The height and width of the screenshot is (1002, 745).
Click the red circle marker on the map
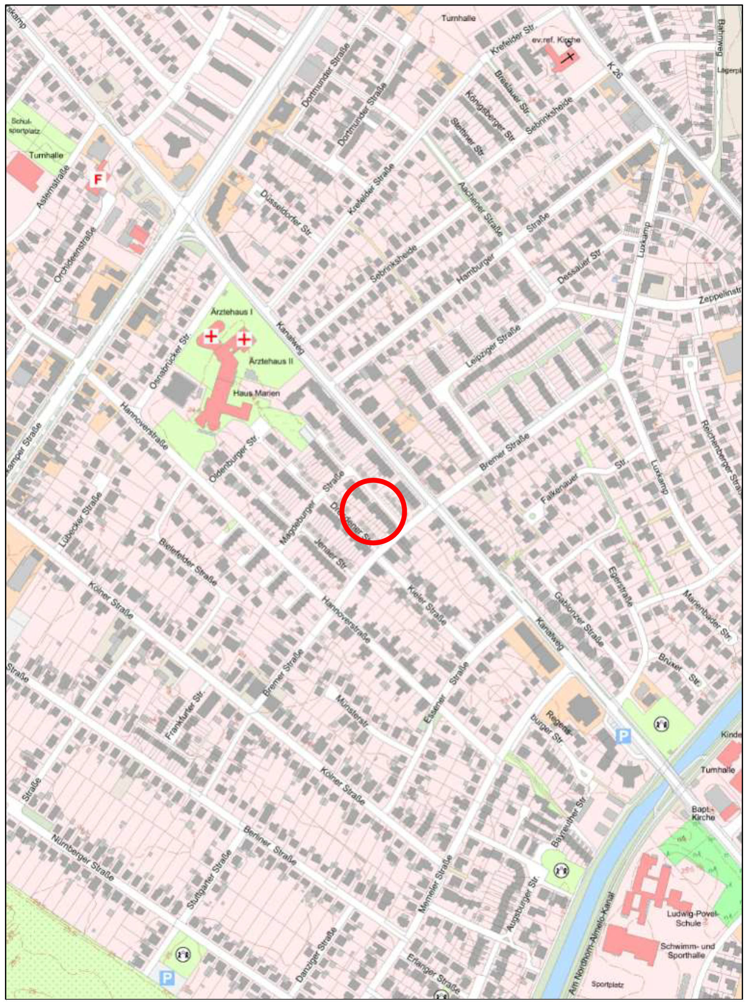tap(373, 511)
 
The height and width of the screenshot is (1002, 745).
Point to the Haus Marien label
tap(256, 393)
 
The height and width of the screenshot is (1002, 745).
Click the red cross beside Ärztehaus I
tap(211, 336)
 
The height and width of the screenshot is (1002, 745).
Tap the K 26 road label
tap(614, 71)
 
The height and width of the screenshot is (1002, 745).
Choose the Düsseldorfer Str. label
tap(286, 213)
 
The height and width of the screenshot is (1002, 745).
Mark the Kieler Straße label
tap(426, 605)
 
